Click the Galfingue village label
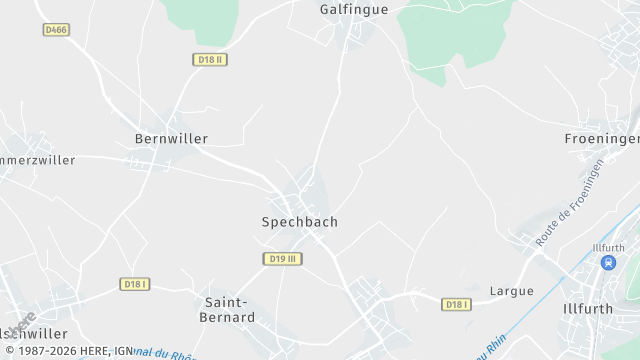click(x=353, y=9)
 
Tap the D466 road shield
click(x=56, y=30)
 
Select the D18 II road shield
click(x=210, y=60)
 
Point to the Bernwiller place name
click(x=171, y=139)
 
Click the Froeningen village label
click(x=601, y=139)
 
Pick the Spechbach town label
click(x=299, y=222)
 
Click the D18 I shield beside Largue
click(x=456, y=304)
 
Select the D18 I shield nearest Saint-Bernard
click(x=135, y=284)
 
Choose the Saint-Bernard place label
click(x=229, y=309)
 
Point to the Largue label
click(x=511, y=291)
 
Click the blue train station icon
click(x=607, y=262)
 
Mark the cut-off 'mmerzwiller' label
click(x=38, y=160)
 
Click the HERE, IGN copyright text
click(x=68, y=352)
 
